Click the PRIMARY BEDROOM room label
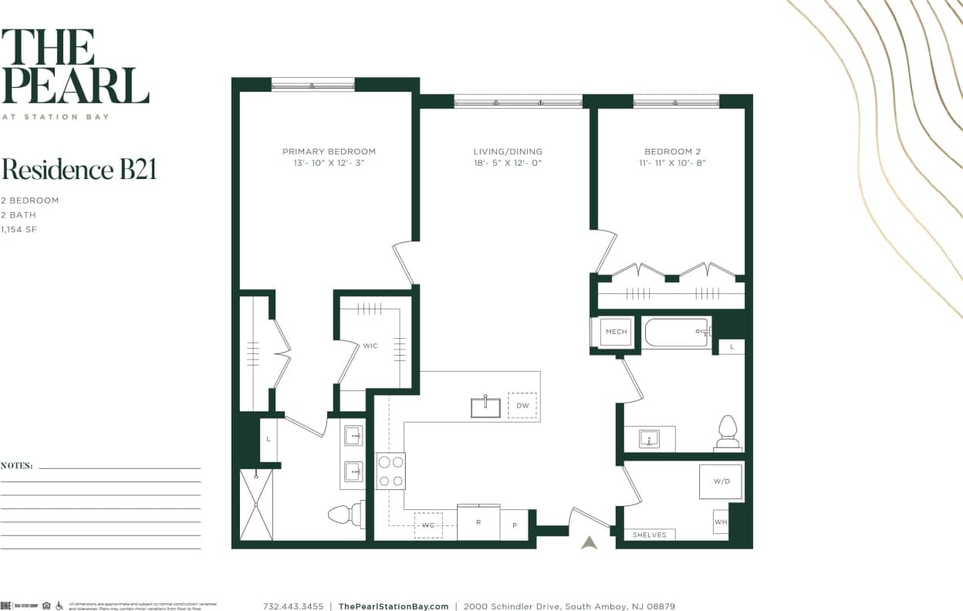pyautogui.click(x=329, y=151)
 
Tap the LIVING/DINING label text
pyautogui.click(x=508, y=151)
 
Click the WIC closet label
pyautogui.click(x=370, y=346)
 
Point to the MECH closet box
pyautogui.click(x=616, y=332)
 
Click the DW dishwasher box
pyautogui.click(x=522, y=405)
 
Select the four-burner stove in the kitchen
pyautogui.click(x=390, y=471)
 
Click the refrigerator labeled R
pyautogui.click(x=478, y=523)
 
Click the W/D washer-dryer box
pyautogui.click(x=721, y=481)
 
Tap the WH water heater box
pyautogui.click(x=720, y=522)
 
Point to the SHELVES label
pyautogui.click(x=649, y=535)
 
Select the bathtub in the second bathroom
pyautogui.click(x=677, y=333)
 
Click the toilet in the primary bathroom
pyautogui.click(x=345, y=514)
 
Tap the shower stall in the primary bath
pyautogui.click(x=256, y=505)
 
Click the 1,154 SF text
pyautogui.click(x=19, y=229)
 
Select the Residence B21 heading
pyautogui.click(x=79, y=169)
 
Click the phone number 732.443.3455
pyautogui.click(x=293, y=606)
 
